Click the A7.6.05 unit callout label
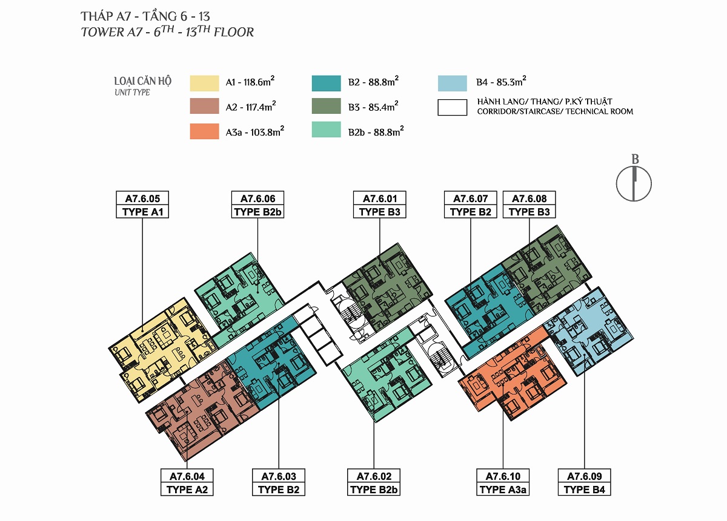(142, 205)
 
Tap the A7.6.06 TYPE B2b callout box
(257, 205)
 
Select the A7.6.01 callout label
(379, 205)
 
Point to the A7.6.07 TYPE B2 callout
(470, 205)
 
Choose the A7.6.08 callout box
(529, 205)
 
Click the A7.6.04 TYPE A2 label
(187, 482)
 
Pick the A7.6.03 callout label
(279, 482)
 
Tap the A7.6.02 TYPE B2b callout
(374, 482)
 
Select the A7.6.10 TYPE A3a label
(503, 482)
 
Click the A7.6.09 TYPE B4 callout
(584, 482)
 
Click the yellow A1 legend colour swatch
(205, 84)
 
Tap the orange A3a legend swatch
(205, 131)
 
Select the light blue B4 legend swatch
(452, 84)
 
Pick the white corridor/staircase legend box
(452, 108)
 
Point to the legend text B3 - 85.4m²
(373, 106)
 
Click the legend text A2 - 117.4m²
(251, 106)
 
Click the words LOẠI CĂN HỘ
(142, 81)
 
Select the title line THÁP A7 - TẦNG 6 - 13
(145, 16)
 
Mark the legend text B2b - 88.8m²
(376, 131)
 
